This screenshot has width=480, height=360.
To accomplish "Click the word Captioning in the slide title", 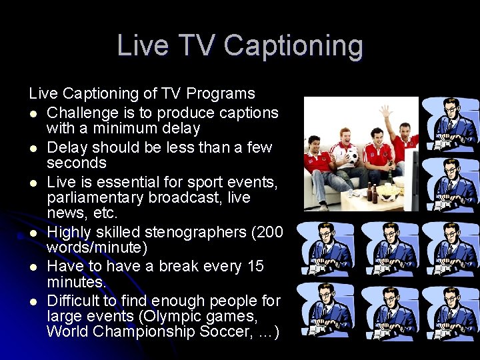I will (x=293, y=46).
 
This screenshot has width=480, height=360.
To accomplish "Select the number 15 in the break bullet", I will (x=255, y=267).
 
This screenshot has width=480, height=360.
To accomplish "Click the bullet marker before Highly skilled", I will (x=33, y=233).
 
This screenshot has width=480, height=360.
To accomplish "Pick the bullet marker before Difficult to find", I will (x=33, y=302).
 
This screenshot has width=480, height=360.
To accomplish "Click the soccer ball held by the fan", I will (x=352, y=156).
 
